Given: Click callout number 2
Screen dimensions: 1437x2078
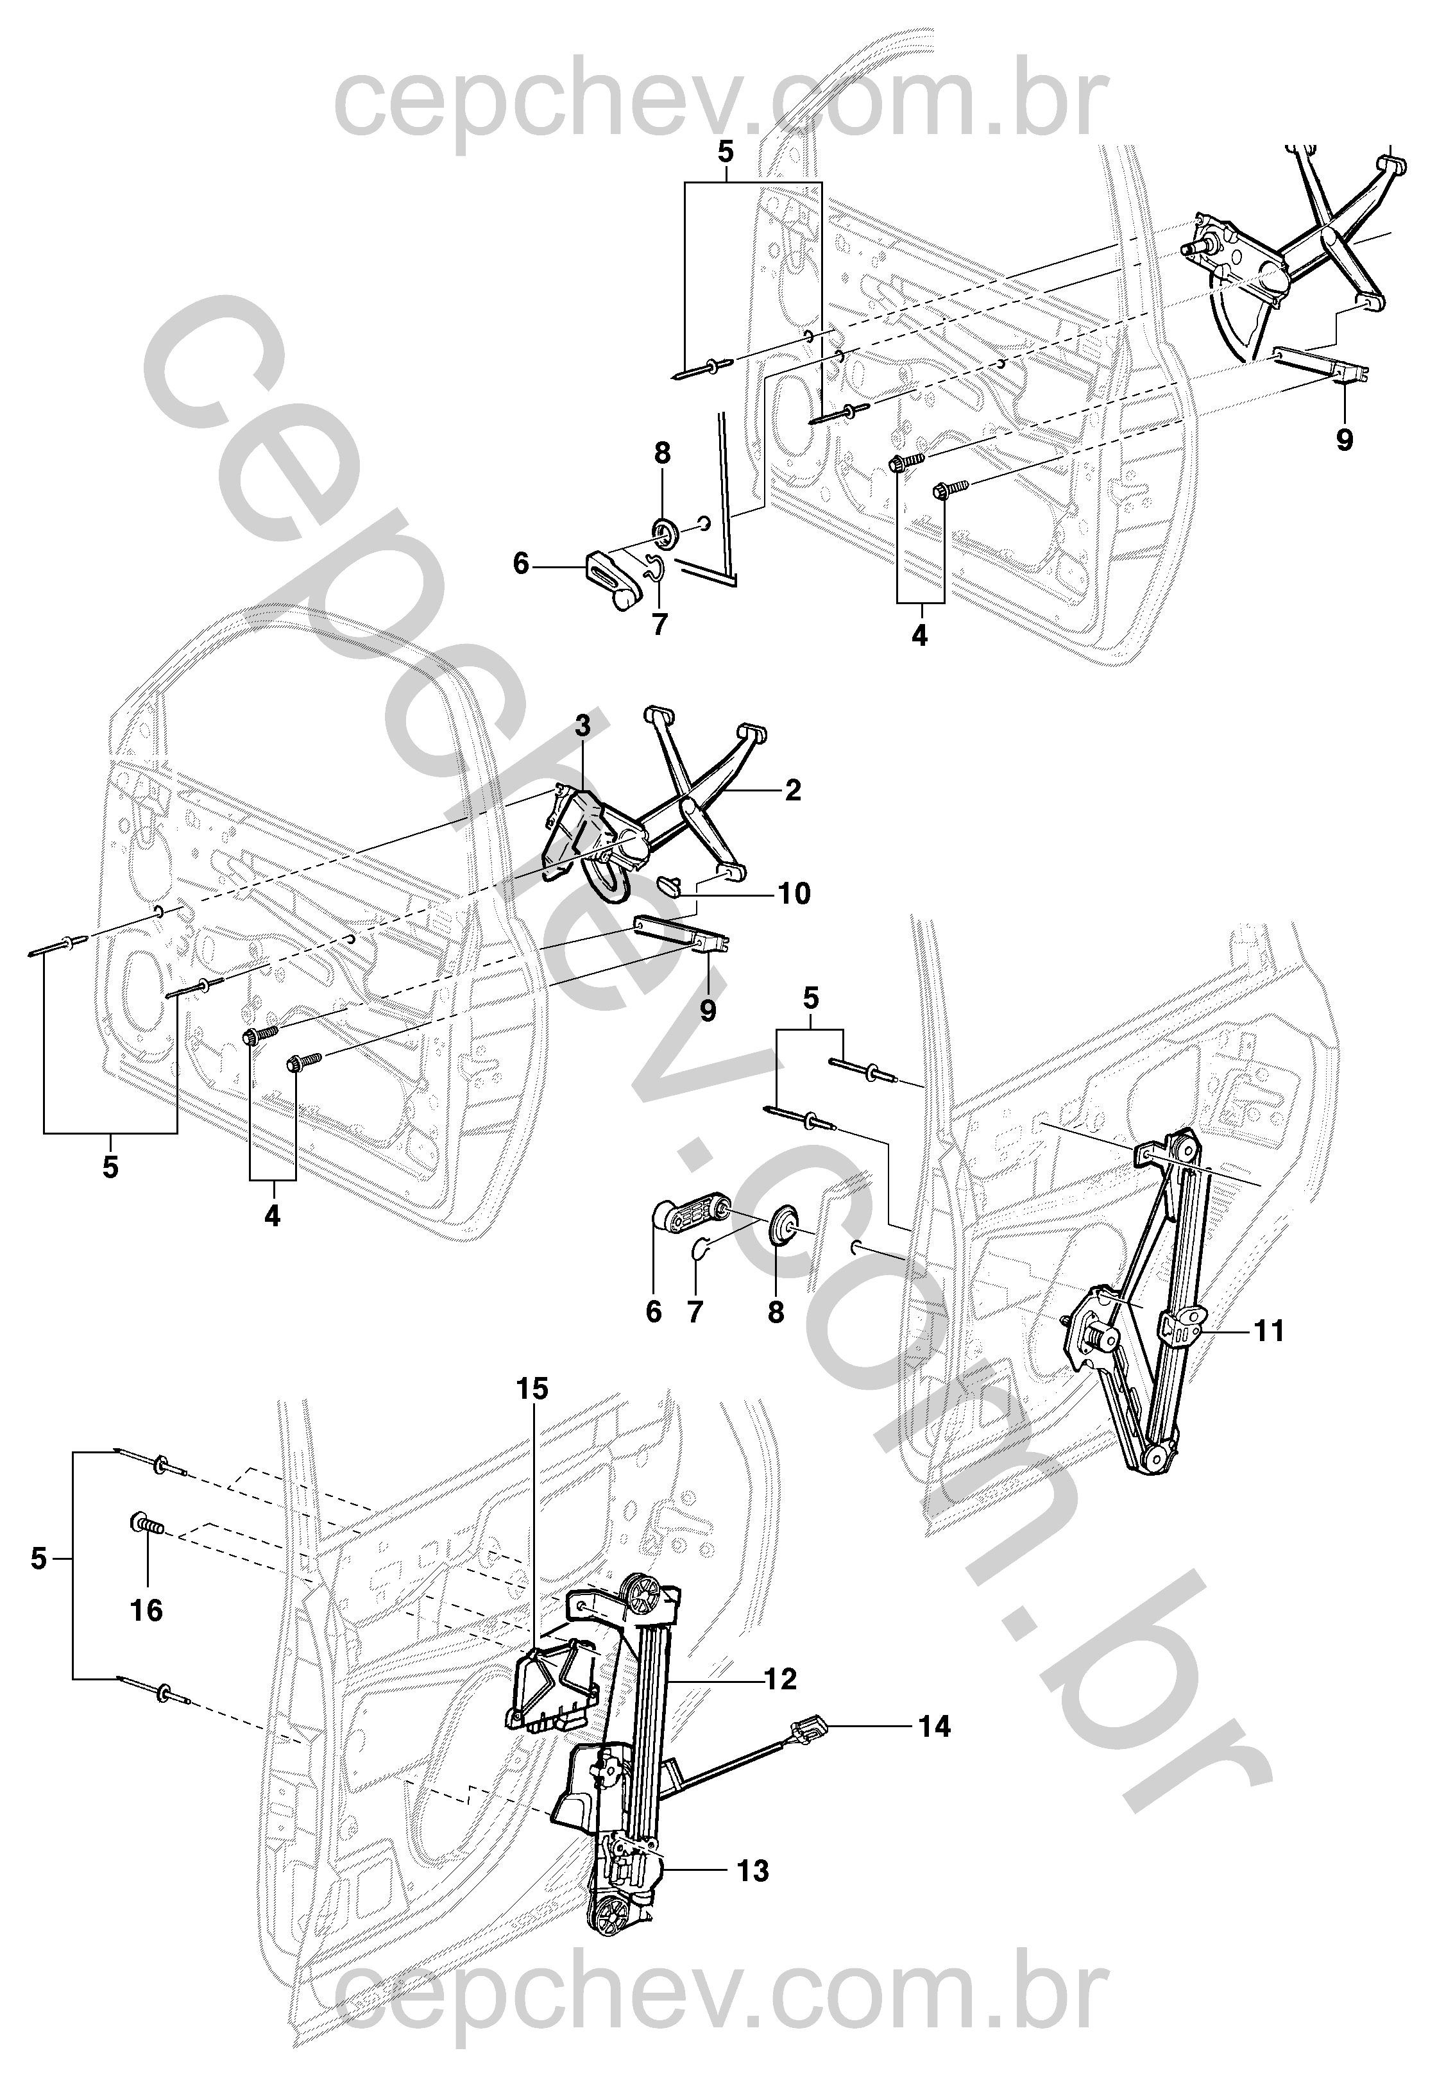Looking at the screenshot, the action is tap(792, 790).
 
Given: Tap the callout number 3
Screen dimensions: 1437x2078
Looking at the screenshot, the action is tap(583, 725).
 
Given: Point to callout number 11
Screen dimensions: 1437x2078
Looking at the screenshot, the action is tap(1269, 1330).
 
